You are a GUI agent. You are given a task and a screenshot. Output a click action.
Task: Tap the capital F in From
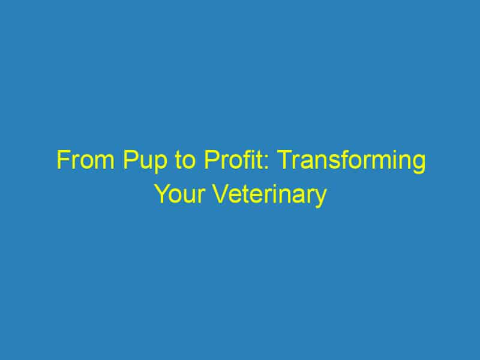pos(62,162)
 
